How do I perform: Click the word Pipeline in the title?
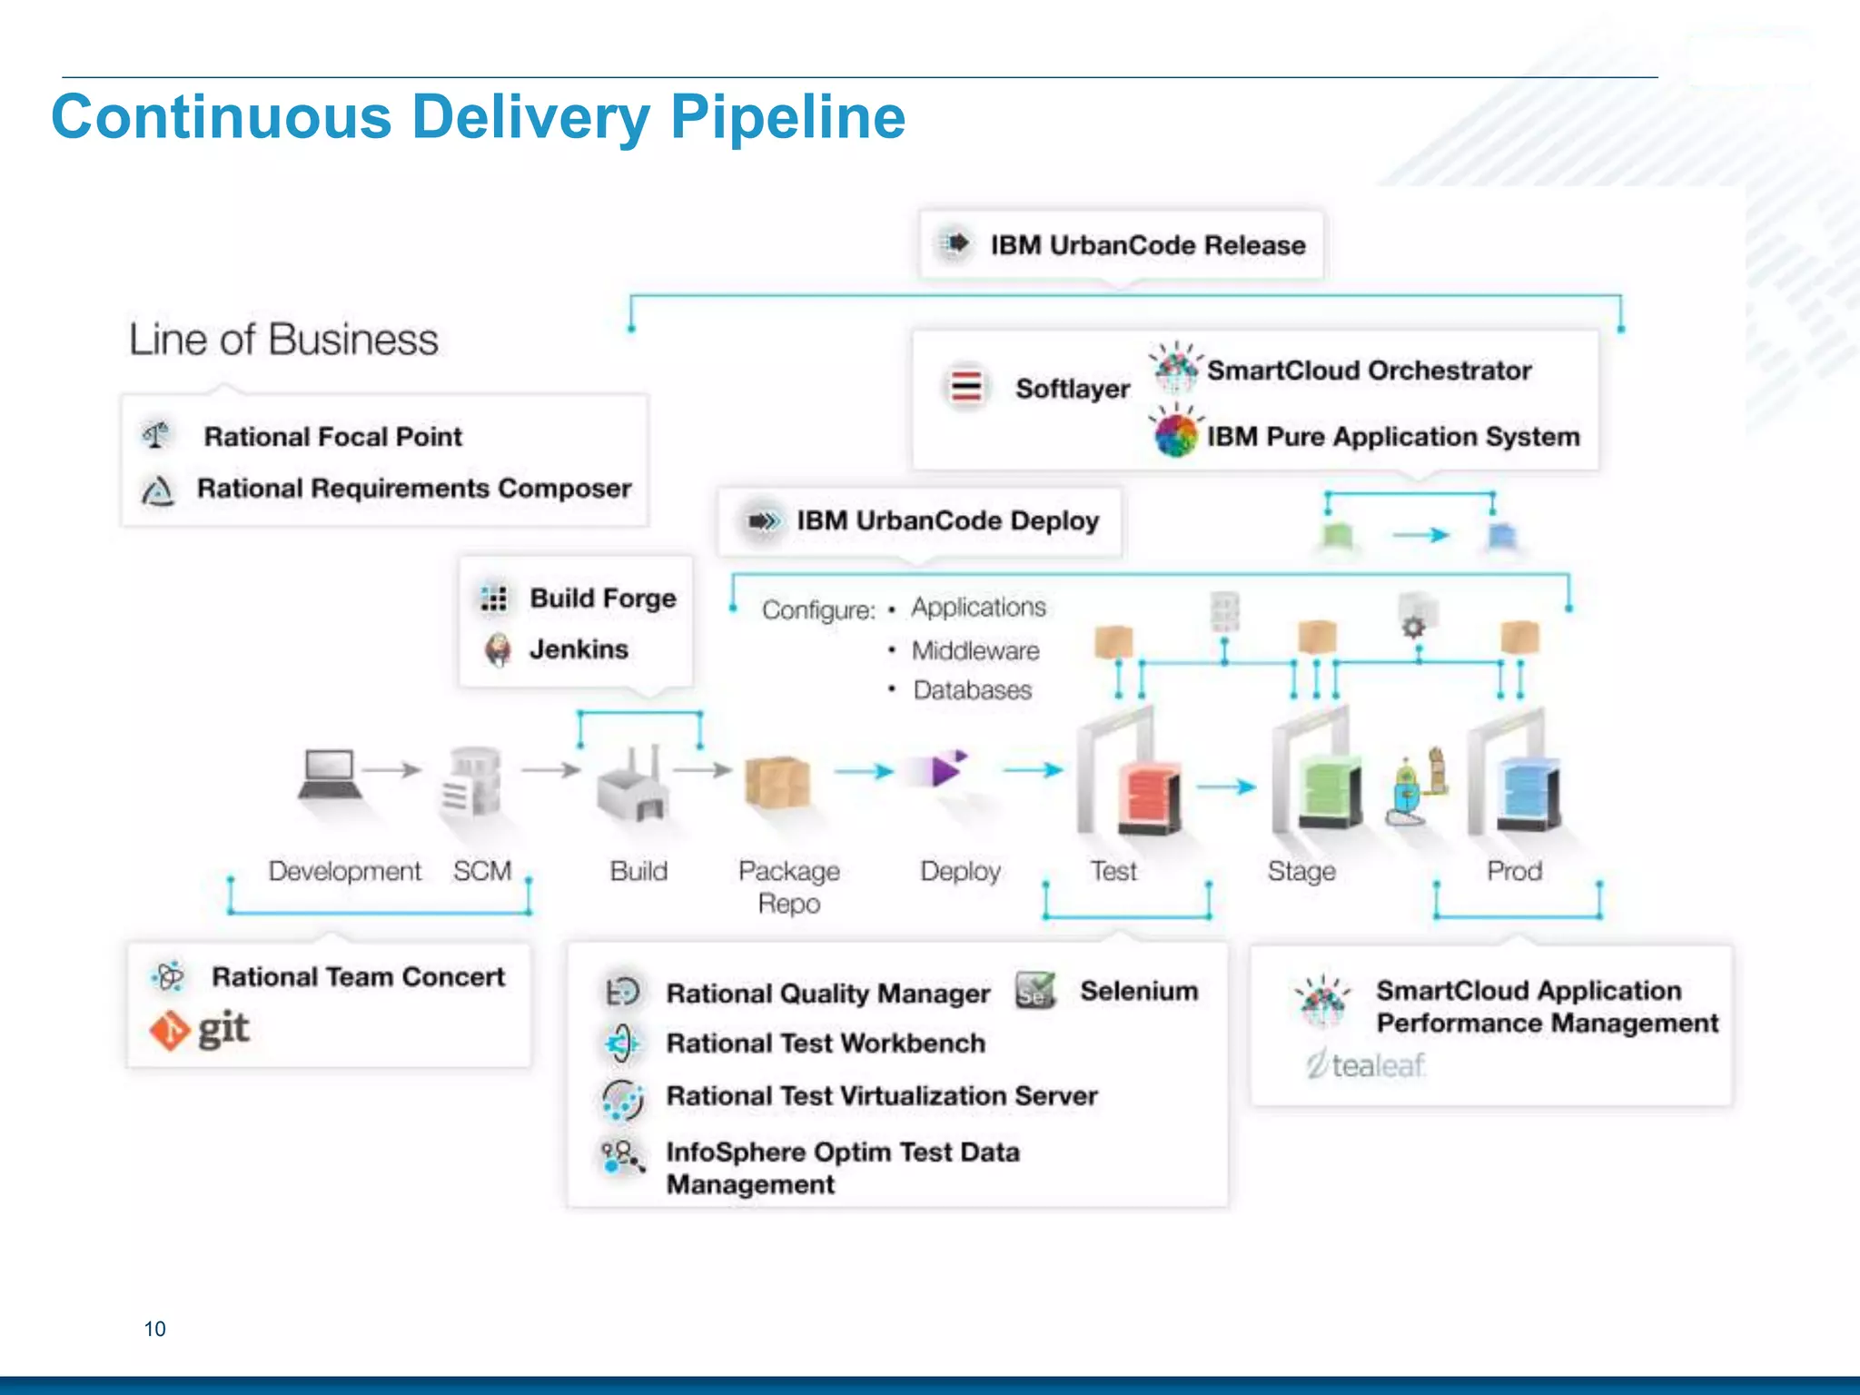(787, 118)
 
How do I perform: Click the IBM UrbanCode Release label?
(1147, 245)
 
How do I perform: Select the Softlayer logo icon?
(965, 388)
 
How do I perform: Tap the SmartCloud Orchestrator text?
(1369, 371)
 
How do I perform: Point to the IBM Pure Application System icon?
(1176, 434)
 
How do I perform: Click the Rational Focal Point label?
(332, 437)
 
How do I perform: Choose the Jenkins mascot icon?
(497, 649)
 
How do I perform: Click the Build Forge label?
(603, 599)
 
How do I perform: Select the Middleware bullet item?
(975, 651)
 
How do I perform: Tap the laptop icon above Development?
(328, 774)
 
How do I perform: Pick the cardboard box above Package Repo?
(777, 782)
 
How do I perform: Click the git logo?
(200, 1030)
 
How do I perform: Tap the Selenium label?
(1139, 991)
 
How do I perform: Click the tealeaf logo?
(1366, 1064)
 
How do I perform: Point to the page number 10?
(155, 1330)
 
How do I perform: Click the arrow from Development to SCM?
(393, 770)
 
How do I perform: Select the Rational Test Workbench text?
(826, 1044)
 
